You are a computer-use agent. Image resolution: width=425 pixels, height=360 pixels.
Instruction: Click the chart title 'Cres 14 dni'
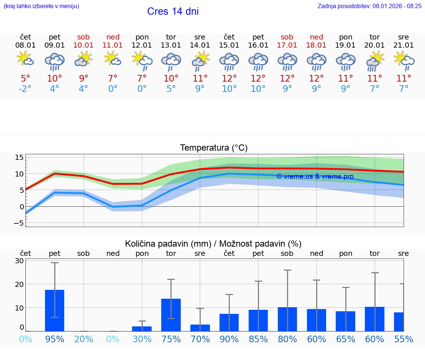coord(173,11)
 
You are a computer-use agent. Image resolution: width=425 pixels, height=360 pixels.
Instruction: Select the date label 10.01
coord(83,45)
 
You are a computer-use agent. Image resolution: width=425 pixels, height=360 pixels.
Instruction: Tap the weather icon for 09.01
coord(55,61)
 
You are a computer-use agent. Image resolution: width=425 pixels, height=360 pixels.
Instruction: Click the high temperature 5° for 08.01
coord(25,78)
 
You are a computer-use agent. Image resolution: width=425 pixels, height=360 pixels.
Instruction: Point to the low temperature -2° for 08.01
coord(25,89)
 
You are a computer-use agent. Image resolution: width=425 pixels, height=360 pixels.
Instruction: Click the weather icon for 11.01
coord(113,59)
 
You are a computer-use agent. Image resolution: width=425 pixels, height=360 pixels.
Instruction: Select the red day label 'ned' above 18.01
coord(317,37)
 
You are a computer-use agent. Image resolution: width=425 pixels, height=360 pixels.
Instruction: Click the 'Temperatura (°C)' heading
coord(214,148)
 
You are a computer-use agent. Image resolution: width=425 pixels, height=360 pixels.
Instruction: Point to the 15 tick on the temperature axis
coord(19,158)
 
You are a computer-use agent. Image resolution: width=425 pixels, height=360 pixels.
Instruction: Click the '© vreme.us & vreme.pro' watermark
coord(315,176)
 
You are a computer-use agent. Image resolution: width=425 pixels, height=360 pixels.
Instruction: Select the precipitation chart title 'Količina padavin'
coord(213,244)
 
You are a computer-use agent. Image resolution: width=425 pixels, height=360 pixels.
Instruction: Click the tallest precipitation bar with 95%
coord(55,310)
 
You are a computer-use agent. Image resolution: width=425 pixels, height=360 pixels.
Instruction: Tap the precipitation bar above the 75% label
coord(171,315)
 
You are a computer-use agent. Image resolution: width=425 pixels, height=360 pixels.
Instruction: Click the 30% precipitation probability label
coord(142,339)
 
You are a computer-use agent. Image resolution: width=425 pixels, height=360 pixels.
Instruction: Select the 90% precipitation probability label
coord(229,339)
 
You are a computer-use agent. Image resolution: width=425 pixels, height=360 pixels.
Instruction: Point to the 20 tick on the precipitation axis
coord(19,284)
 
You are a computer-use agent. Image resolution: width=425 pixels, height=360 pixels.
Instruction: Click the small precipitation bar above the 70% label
coord(200,328)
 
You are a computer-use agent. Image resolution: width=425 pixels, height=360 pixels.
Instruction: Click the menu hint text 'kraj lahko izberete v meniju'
coord(41,6)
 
